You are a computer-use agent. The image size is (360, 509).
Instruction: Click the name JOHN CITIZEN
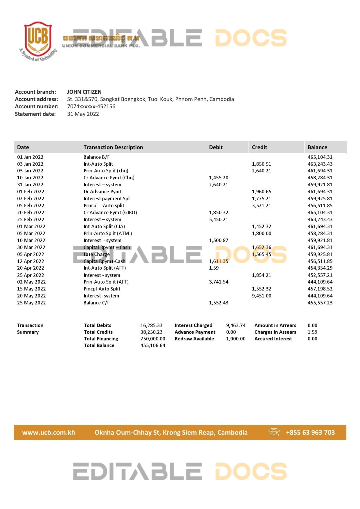(84, 92)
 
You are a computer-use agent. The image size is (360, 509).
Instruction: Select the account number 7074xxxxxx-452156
(91, 106)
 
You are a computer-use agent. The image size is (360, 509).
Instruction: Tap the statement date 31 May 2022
(83, 114)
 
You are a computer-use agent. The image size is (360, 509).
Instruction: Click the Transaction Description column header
(113, 147)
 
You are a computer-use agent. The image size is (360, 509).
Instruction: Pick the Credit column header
(259, 147)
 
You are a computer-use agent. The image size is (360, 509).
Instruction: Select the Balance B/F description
(96, 157)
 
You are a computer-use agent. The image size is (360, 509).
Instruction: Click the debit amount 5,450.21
(219, 219)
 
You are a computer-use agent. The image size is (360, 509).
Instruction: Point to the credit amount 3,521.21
(261, 205)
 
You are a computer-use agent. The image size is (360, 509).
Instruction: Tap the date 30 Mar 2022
(31, 247)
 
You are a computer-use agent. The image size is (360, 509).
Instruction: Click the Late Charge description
(97, 254)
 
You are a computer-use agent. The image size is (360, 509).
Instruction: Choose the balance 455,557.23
(320, 303)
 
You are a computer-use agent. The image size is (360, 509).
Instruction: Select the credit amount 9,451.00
(261, 296)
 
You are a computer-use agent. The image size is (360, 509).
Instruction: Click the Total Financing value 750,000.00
(153, 339)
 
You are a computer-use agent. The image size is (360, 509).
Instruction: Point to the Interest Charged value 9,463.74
(236, 325)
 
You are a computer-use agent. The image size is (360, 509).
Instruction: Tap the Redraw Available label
(194, 339)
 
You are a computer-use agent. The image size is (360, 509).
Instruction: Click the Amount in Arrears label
(275, 325)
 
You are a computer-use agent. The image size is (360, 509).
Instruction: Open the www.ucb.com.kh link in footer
(48, 432)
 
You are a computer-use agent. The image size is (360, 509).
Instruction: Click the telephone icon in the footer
(274, 432)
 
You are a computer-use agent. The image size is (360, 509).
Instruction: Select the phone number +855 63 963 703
(310, 432)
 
